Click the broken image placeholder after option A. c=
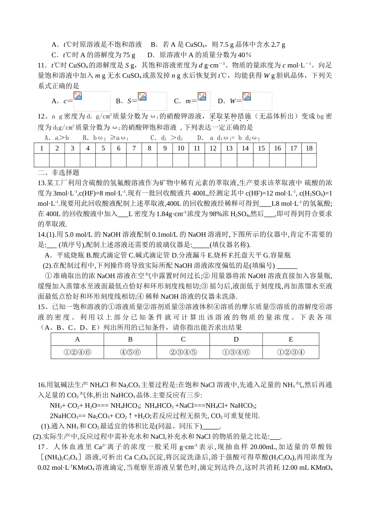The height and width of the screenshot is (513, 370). click(92, 101)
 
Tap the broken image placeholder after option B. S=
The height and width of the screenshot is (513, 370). click(152, 101)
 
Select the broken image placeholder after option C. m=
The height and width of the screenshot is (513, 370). click(204, 101)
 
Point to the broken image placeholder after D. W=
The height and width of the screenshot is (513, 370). click(257, 101)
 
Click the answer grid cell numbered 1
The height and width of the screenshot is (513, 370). click(42, 148)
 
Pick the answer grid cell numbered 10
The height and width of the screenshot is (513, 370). click(181, 148)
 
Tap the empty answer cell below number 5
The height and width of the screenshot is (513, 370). click(103, 160)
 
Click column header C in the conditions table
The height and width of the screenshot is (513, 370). click(183, 339)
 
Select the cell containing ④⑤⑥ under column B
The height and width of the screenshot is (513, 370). click(130, 352)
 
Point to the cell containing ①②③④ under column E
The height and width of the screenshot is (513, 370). click(291, 352)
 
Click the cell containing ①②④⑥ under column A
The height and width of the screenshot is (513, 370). click(77, 352)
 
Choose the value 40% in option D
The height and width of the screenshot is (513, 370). click(244, 55)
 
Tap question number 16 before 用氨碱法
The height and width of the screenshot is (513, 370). click(42, 385)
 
